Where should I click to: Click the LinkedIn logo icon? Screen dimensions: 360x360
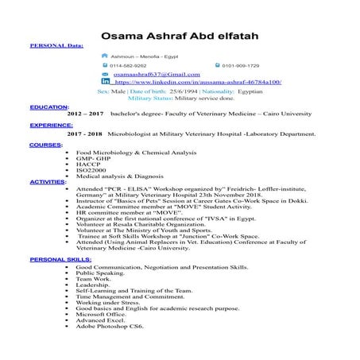[x=106, y=82]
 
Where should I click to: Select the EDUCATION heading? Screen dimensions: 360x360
[x=48, y=106]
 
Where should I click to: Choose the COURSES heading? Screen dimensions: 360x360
[x=45, y=146]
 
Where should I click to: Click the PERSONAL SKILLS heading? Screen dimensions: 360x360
[x=59, y=260]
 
